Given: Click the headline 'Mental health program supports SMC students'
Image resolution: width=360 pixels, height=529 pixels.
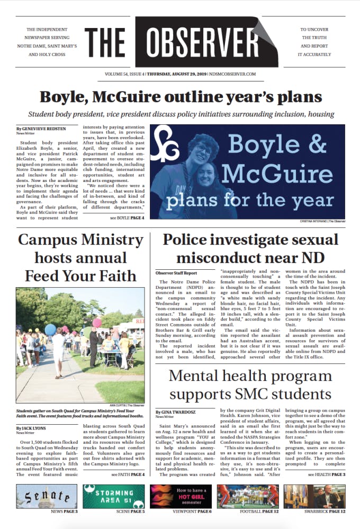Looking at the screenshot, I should (x=250, y=386).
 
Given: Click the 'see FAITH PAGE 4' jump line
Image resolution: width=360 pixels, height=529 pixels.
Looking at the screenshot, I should (x=120, y=475).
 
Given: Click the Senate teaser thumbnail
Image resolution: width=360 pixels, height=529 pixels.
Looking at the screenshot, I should (x=46, y=496).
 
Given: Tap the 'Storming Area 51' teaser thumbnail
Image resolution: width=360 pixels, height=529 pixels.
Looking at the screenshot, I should (x=113, y=496).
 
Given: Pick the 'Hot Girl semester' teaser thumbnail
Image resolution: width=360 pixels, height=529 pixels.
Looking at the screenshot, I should (x=181, y=496).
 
